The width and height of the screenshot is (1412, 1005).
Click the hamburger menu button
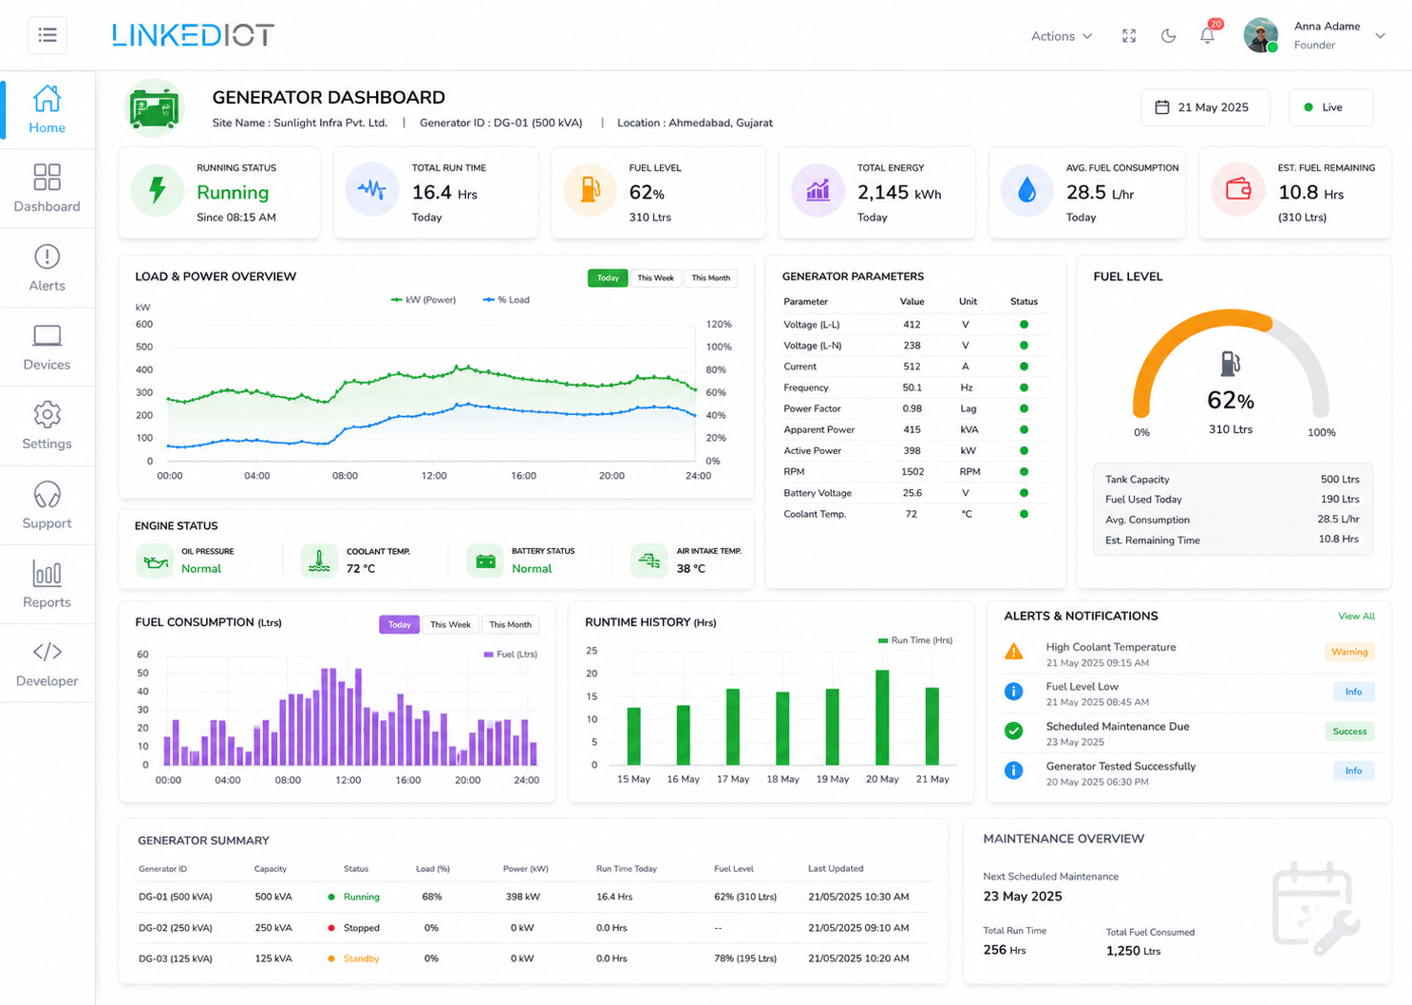pyautogui.click(x=47, y=35)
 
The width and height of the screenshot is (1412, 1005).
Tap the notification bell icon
pyautogui.click(x=1207, y=36)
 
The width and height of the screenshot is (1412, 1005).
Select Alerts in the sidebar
pyautogui.click(x=47, y=268)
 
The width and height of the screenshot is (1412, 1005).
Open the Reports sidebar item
pyautogui.click(x=47, y=584)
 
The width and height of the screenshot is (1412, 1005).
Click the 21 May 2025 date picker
pyautogui.click(x=1205, y=107)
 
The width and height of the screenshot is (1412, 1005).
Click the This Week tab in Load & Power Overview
pyautogui.click(x=655, y=278)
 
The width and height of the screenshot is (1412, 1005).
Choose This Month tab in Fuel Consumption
pyautogui.click(x=510, y=624)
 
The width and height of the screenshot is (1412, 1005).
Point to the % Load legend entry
pyautogui.click(x=506, y=300)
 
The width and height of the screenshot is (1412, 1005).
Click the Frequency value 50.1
pyautogui.click(x=913, y=388)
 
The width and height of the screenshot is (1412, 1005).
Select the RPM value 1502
pyautogui.click(x=913, y=471)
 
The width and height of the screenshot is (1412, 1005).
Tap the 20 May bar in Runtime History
pyautogui.click(x=882, y=717)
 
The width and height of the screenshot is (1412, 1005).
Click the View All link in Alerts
pyautogui.click(x=1357, y=616)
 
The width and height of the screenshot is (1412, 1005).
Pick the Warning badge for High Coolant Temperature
pyautogui.click(x=1349, y=652)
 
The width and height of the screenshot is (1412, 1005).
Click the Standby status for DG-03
pyautogui.click(x=361, y=958)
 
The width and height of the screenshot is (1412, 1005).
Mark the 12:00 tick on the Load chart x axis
pyautogui.click(x=434, y=475)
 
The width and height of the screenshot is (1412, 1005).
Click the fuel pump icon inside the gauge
pyautogui.click(x=1230, y=364)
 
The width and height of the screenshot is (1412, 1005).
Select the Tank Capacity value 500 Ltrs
pyautogui.click(x=1340, y=479)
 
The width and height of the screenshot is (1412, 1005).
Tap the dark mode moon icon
pyautogui.click(x=1168, y=36)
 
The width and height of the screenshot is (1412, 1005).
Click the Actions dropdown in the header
pyautogui.click(x=1062, y=36)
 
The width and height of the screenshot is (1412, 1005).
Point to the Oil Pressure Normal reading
pyautogui.click(x=201, y=569)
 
